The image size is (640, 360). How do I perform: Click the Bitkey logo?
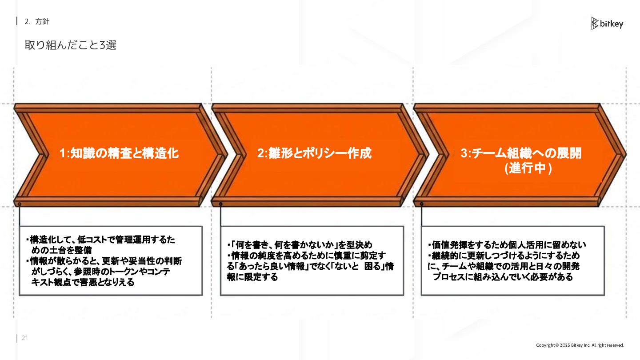pyautogui.click(x=607, y=24)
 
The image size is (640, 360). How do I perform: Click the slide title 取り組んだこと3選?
pyautogui.click(x=70, y=45)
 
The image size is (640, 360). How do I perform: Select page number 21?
pyautogui.click(x=25, y=338)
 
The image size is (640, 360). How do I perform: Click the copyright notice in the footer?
pyautogui.click(x=580, y=345)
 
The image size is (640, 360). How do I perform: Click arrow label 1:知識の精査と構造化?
pyautogui.click(x=119, y=154)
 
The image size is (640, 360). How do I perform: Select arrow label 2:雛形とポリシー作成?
pyautogui.click(x=314, y=154)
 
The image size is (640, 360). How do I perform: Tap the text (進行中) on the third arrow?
pyautogui.click(x=528, y=169)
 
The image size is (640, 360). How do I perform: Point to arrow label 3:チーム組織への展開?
pyautogui.click(x=521, y=154)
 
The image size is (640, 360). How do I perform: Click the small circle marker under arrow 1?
pyautogui.click(x=20, y=204)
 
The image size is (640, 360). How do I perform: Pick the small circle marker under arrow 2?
pyautogui.click(x=220, y=204)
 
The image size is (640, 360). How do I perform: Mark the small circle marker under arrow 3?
pyautogui.click(x=421, y=204)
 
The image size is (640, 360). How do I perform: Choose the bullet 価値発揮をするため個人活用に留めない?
pyautogui.click(x=509, y=245)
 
